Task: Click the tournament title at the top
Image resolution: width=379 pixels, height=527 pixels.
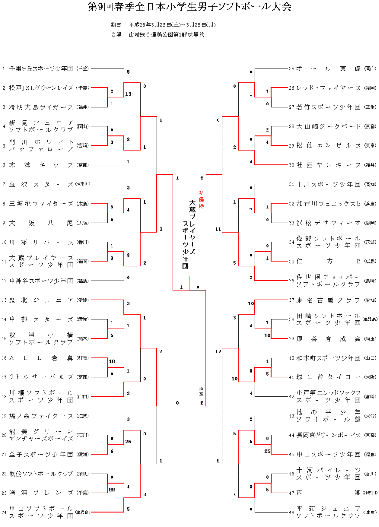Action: click(189, 7)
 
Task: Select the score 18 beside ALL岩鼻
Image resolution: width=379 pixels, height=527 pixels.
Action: click(112, 361)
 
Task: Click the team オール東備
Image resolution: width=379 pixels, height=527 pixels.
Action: click(328, 68)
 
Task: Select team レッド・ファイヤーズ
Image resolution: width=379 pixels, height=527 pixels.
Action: click(328, 87)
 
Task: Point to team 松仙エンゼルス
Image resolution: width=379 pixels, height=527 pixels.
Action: click(328, 145)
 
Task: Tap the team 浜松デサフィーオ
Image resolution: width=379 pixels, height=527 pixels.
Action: click(328, 223)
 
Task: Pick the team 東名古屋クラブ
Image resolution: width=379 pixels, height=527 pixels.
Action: click(328, 300)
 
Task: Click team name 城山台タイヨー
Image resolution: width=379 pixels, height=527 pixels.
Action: click(328, 377)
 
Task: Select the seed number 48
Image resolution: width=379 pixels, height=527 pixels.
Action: click(291, 512)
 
